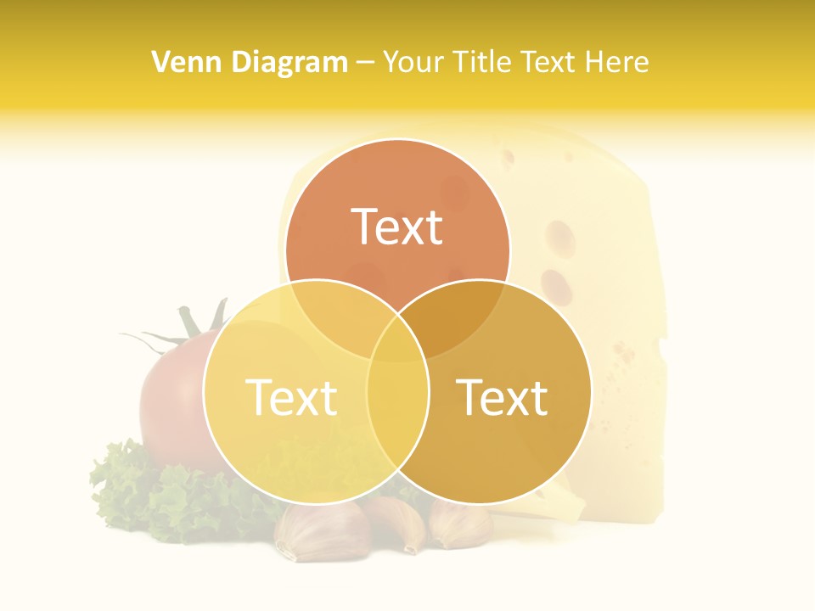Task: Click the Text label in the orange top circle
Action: [x=397, y=227]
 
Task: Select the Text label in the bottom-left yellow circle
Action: [x=291, y=397]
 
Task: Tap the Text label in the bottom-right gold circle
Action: [x=503, y=397]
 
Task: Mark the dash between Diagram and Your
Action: [x=365, y=63]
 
